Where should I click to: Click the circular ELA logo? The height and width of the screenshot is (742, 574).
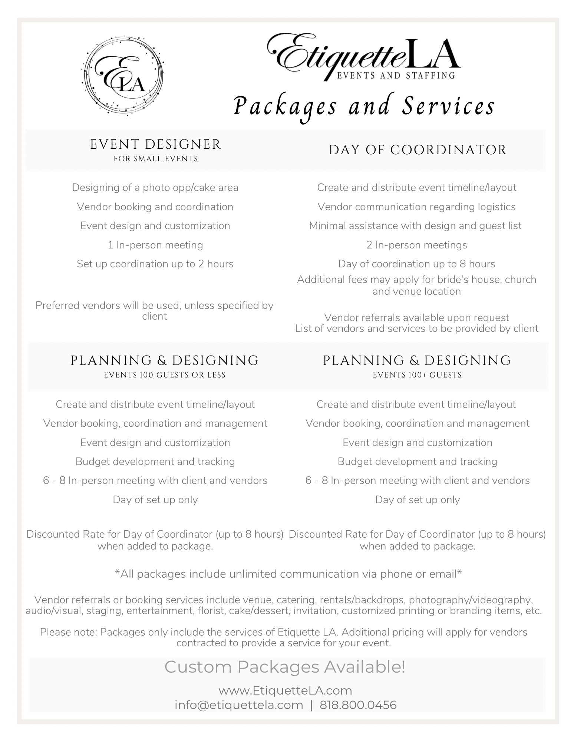coord(122,76)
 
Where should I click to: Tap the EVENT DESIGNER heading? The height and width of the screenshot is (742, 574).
coord(155,144)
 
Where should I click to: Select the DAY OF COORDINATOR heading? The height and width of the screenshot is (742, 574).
coord(418,150)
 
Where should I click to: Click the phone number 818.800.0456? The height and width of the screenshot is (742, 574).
coord(358,705)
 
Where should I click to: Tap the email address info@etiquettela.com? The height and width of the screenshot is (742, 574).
coord(239,705)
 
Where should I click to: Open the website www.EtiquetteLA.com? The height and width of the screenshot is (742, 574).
coord(285,690)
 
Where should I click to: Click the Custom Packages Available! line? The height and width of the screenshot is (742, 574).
coord(285,667)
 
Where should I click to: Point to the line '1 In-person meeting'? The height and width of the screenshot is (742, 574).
coord(155,245)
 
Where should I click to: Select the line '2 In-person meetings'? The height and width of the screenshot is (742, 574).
coord(417,245)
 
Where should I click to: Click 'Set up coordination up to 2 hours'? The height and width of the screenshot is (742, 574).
coord(155,264)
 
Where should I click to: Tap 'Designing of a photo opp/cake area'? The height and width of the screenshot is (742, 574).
coord(155,187)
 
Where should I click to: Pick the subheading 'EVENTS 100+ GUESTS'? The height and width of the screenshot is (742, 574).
coord(417,375)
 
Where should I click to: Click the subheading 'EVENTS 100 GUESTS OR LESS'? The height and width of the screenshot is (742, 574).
coord(165,375)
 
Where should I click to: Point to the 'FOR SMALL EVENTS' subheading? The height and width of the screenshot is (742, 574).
coord(155,159)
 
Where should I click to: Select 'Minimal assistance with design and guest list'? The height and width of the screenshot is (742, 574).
coord(415,225)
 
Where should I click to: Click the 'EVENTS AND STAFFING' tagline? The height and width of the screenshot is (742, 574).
coord(395,75)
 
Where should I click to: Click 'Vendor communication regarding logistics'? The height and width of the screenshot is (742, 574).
coord(416,207)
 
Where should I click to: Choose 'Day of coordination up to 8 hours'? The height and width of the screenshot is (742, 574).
coord(416,264)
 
